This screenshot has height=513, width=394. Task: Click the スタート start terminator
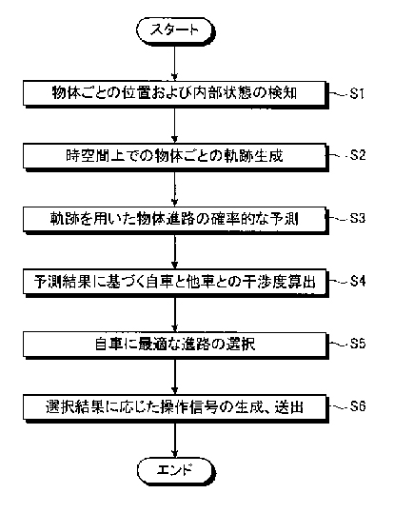175,30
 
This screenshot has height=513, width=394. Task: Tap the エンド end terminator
175,470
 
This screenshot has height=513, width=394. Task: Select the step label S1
357,94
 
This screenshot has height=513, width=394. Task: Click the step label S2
358,155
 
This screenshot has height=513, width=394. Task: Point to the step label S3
358,218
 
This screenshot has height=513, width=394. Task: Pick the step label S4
358,281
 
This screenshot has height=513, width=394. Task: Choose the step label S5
358,344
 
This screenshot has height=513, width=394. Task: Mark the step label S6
358,406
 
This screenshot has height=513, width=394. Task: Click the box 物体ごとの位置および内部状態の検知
175,93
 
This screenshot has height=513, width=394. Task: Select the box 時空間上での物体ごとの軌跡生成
175,156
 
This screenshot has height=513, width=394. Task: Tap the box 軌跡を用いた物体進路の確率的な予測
175,219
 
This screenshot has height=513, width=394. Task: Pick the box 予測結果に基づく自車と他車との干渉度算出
175,282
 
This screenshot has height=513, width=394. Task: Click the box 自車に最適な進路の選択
175,345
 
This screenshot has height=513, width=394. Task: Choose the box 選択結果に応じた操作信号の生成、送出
175,407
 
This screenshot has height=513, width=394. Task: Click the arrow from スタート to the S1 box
175,62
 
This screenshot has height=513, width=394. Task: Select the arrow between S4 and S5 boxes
175,313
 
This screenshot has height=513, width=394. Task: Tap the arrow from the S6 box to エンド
175,439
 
